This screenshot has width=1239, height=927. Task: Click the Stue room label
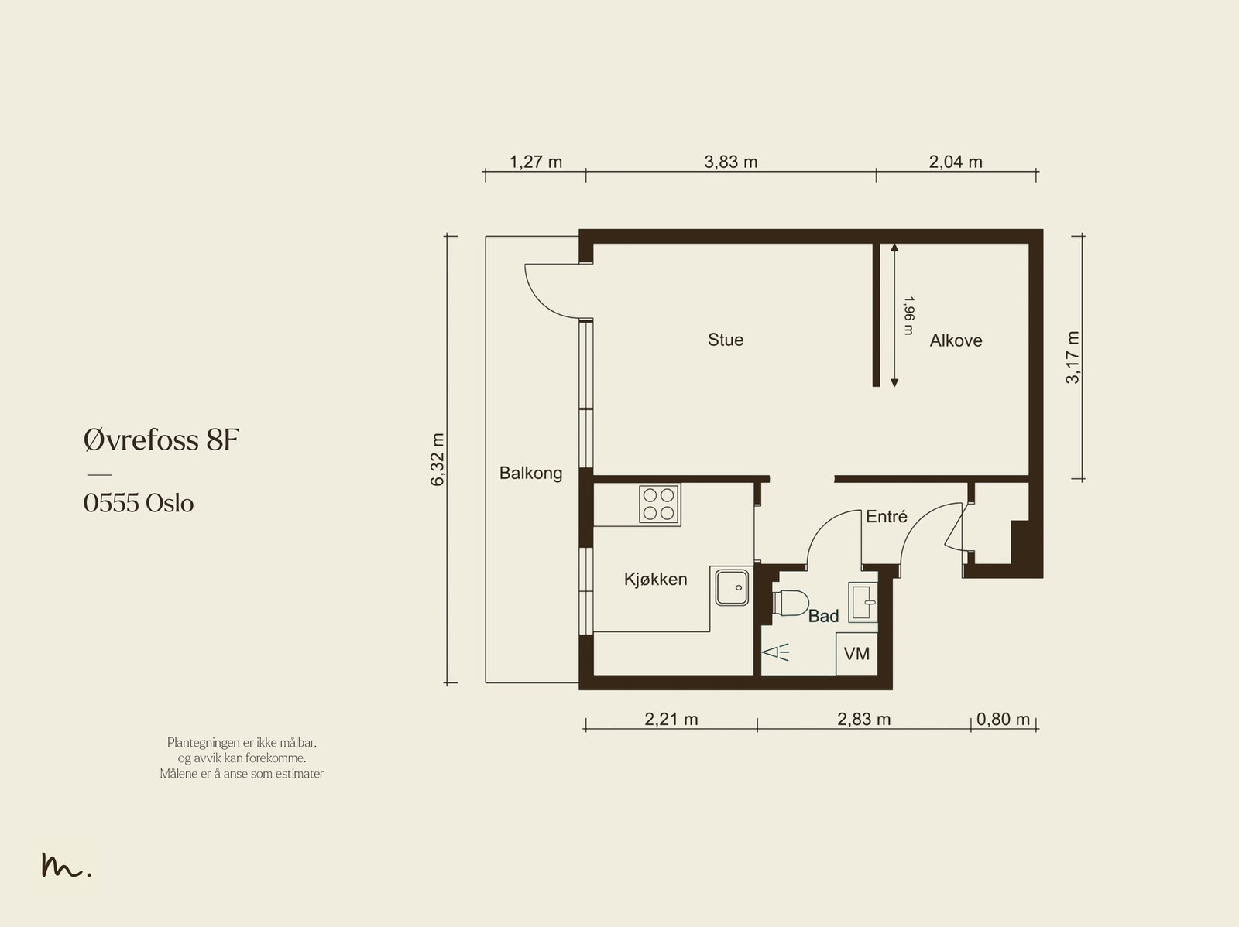726,340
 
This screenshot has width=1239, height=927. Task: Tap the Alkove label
956,340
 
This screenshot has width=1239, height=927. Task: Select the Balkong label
530,473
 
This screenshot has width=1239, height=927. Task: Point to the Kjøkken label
655,579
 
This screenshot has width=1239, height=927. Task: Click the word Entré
886,516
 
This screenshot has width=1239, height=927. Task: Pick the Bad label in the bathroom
824,616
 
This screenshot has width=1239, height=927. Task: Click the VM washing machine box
857,654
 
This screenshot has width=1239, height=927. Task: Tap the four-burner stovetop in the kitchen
659,504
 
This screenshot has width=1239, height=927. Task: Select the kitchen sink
732,587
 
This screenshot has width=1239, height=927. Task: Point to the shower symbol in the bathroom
775,652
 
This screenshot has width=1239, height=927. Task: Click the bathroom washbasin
863,602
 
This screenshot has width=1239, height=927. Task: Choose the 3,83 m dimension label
730,162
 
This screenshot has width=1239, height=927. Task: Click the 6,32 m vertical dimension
438,460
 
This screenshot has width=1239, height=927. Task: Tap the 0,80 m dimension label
1003,720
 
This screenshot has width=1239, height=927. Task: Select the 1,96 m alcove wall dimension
908,316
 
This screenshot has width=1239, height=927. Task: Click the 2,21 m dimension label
671,720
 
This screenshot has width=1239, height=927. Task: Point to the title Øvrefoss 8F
161,440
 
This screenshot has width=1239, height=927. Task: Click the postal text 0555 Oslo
139,503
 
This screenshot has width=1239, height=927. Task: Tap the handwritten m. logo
67,864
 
